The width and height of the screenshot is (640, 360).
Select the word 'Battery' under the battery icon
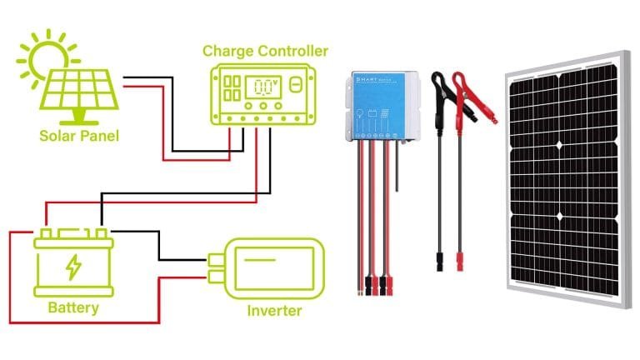tap(73, 308)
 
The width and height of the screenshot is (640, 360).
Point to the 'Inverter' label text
tap(274, 312)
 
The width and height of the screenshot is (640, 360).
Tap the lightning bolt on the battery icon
tap(73, 267)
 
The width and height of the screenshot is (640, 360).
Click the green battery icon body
tap(73, 265)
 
